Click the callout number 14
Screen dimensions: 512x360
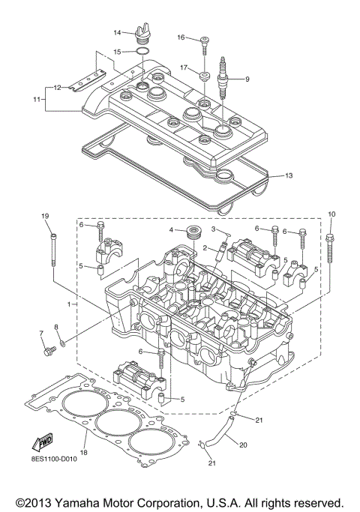[x=117, y=32]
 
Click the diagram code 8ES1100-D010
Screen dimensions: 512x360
[x=54, y=459]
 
